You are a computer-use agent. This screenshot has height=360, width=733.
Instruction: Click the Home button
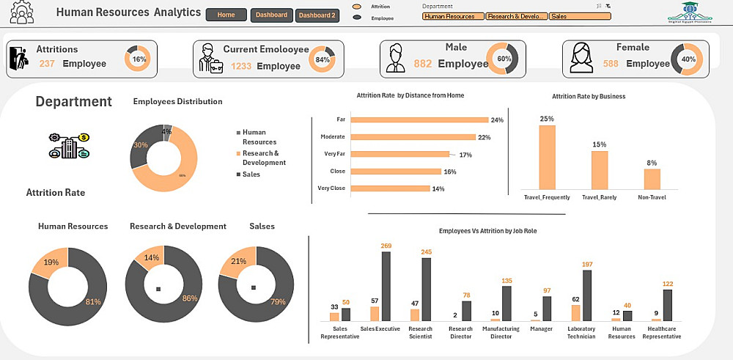click(226, 15)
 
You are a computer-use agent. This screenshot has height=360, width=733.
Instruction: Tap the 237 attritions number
click(48, 64)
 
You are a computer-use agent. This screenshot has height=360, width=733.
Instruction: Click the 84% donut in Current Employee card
click(322, 59)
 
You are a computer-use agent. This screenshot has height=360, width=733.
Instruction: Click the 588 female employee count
click(611, 64)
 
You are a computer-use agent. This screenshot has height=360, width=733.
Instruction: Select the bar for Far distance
click(419, 120)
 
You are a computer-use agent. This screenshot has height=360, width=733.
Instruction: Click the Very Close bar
click(390, 188)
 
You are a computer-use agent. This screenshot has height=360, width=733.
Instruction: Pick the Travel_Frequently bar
click(547, 158)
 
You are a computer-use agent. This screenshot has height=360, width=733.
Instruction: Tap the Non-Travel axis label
click(652, 197)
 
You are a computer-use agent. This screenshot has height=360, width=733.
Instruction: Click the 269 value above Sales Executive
click(386, 246)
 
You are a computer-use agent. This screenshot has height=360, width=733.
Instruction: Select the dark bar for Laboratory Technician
click(586, 295)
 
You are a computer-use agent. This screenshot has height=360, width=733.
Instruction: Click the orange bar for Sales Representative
click(334, 317)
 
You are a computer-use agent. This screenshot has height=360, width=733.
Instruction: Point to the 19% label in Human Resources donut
click(51, 262)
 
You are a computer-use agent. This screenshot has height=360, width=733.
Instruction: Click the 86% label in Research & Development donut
click(190, 298)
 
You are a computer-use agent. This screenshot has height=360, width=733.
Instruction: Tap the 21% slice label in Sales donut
click(237, 262)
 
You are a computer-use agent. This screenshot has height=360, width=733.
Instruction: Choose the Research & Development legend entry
click(263, 158)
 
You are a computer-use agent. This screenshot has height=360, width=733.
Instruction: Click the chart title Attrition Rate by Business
click(589, 96)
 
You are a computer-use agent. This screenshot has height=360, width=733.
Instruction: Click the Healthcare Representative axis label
click(662, 332)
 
